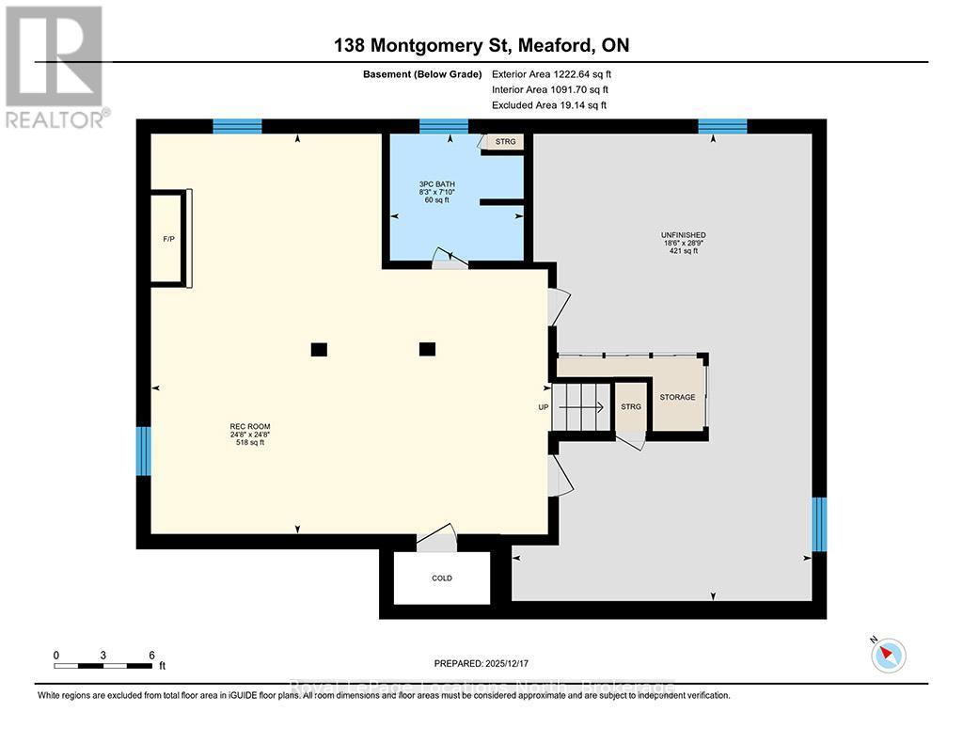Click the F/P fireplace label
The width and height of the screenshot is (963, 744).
pos(168,239)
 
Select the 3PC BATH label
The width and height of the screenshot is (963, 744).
pos(436,183)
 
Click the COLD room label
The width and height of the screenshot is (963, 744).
pos(442,578)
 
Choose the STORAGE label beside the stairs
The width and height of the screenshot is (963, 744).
pos(677,397)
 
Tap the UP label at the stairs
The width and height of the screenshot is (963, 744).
pos(544,407)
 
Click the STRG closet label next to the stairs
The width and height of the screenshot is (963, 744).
pos(631,406)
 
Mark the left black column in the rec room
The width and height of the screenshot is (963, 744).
pos(319,349)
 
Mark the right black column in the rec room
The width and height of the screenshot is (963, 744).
pos(427,349)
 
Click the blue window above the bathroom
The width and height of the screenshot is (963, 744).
pos(443,126)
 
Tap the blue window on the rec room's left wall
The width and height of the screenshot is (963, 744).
pos(143,451)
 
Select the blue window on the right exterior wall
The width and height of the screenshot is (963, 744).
pos(819,524)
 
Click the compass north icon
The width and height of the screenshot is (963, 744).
pos(888,654)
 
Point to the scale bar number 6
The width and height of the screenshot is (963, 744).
pos(151,655)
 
